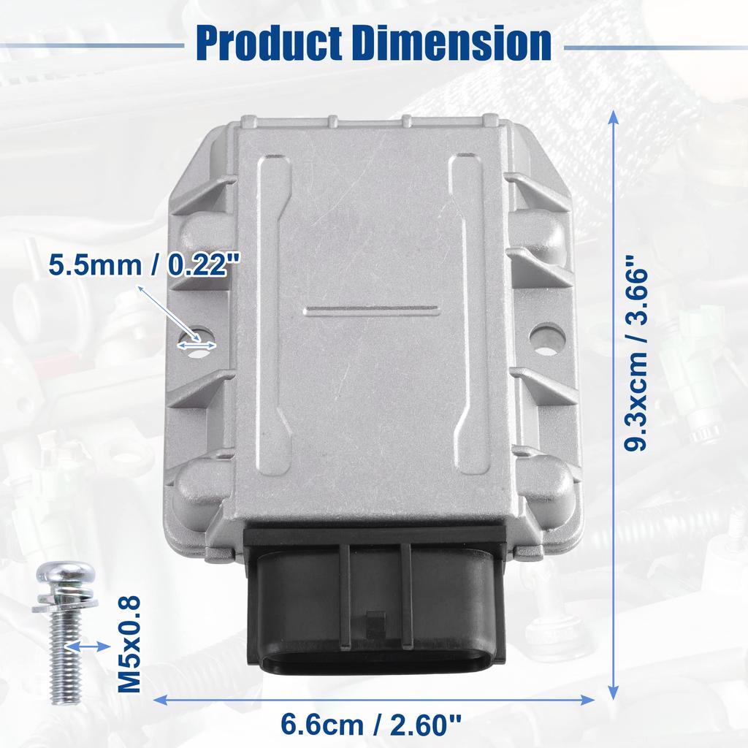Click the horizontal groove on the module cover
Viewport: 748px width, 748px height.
click(372, 310)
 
